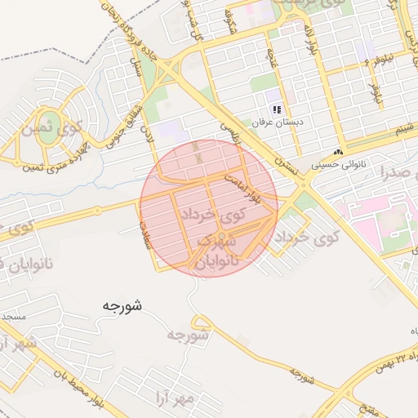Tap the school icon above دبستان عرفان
click(277, 109)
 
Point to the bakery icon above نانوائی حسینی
click(338, 153)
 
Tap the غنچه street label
click(271, 58)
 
